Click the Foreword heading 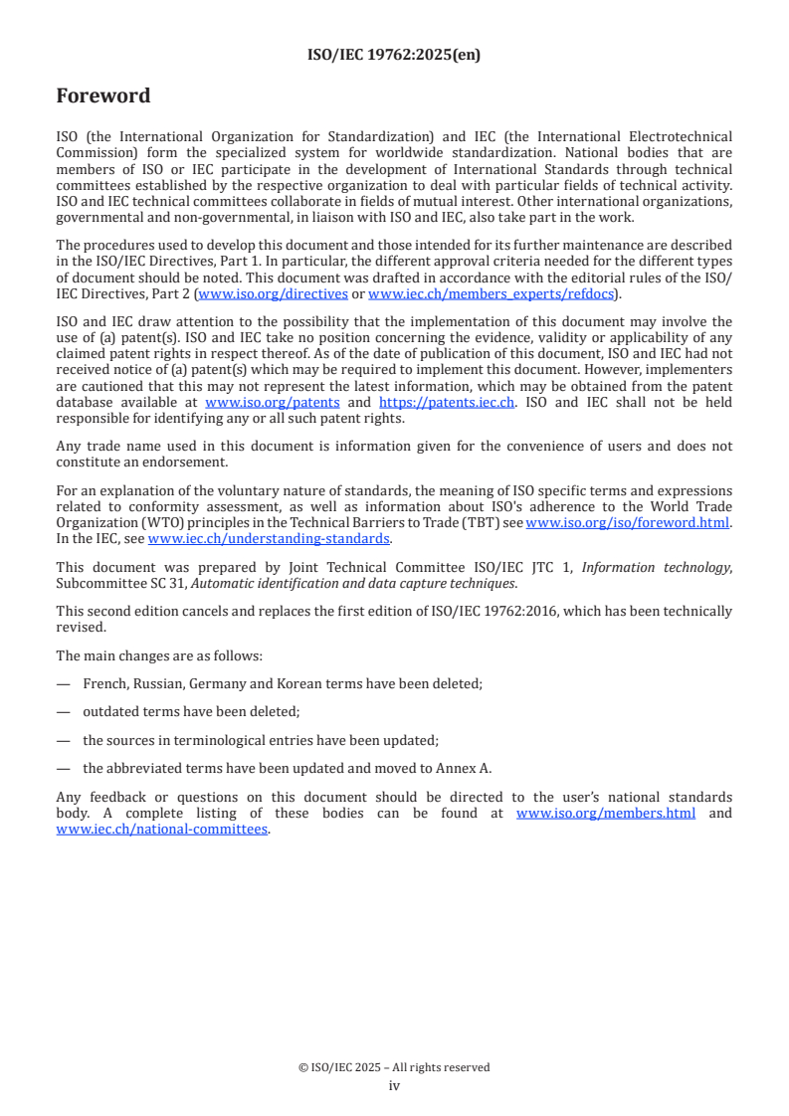click(103, 96)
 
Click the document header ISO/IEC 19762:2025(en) click(394, 56)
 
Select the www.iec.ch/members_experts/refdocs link click(491, 294)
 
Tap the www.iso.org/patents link click(272, 402)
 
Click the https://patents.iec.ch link click(447, 402)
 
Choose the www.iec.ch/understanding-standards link click(270, 539)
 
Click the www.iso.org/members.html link click(606, 814)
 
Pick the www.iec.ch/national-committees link click(162, 830)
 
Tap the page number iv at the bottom click(394, 1085)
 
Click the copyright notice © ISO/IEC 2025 click(394, 1067)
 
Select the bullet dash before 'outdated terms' click(63, 712)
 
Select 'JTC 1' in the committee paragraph click(554, 568)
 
